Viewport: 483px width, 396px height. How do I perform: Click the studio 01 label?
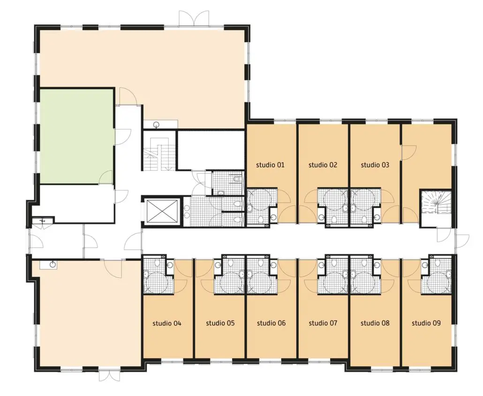(x=270, y=165)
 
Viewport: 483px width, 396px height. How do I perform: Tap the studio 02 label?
(x=323, y=165)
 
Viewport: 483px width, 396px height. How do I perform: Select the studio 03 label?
(x=375, y=165)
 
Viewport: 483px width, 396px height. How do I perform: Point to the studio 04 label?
(x=167, y=323)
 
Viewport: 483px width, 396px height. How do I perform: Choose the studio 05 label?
(x=220, y=323)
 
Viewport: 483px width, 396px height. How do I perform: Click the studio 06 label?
(x=272, y=323)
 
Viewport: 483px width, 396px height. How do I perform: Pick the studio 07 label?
(x=323, y=323)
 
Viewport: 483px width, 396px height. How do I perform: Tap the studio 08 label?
(x=375, y=323)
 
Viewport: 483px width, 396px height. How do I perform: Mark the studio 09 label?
(x=426, y=323)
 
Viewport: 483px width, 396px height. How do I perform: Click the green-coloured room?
(x=76, y=137)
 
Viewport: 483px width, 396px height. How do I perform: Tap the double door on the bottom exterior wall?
(x=107, y=375)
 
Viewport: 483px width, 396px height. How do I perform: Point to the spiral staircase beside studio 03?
(x=436, y=203)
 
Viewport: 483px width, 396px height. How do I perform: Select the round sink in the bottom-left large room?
(x=53, y=265)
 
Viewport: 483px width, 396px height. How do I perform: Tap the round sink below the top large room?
(x=157, y=124)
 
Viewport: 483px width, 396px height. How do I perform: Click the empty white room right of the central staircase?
(x=211, y=150)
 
